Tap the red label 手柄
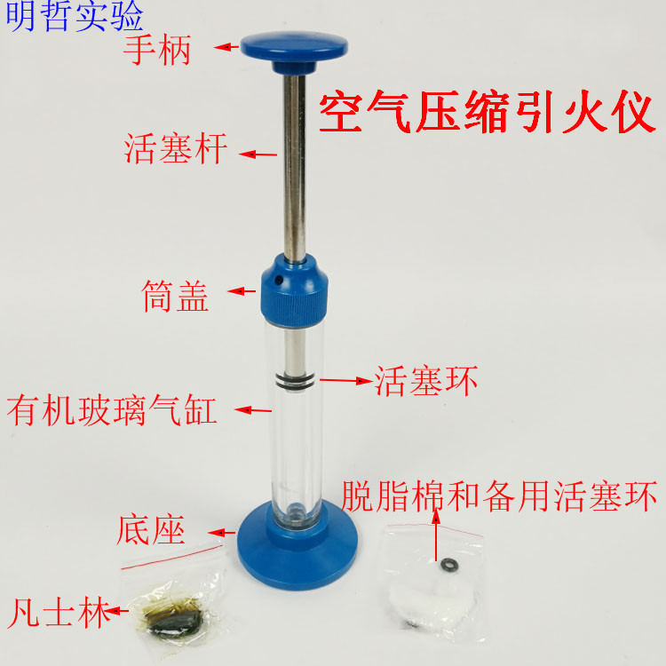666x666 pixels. pyautogui.click(x=157, y=51)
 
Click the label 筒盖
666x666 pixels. pyautogui.click(x=175, y=296)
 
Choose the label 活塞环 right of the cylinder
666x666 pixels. pyautogui.click(x=426, y=382)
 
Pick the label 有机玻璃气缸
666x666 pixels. pyautogui.click(x=112, y=411)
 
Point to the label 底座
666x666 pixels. pyautogui.click(x=150, y=530)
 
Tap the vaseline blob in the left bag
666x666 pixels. pyautogui.click(x=178, y=617)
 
